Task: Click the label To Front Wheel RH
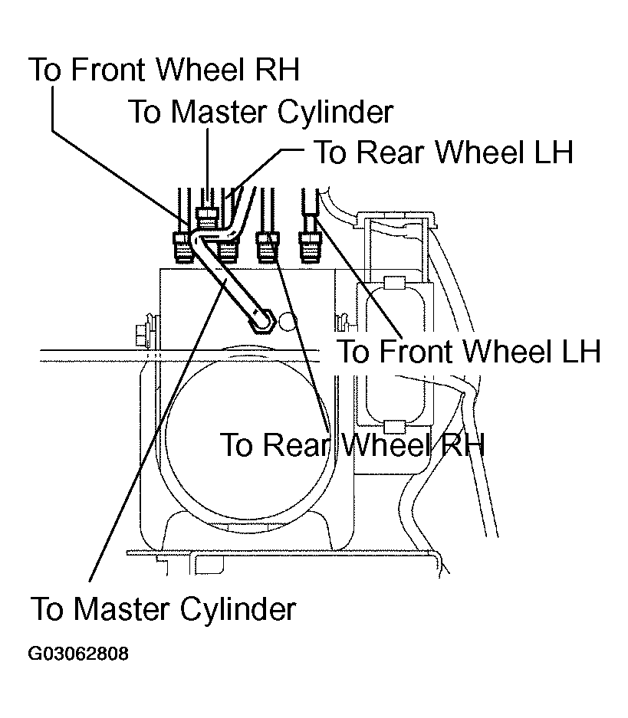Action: point(164,70)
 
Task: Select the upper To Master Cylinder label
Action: point(261,112)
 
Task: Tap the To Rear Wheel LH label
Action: point(443,152)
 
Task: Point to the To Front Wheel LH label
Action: point(469,351)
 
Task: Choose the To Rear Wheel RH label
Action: point(352,444)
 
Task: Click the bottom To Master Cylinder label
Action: point(163,608)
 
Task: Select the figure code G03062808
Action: point(78,654)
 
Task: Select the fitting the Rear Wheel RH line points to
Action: point(268,248)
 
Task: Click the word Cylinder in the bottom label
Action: point(238,609)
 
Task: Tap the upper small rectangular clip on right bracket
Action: point(394,284)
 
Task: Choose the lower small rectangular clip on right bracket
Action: point(394,426)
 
